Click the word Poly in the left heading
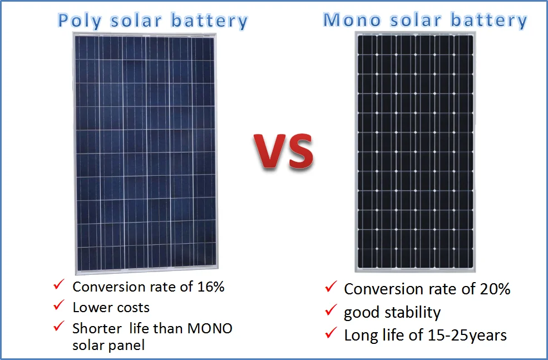pyautogui.click(x=80, y=21)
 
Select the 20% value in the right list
pyautogui.click(x=495, y=289)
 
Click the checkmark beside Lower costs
pyautogui.click(x=59, y=305)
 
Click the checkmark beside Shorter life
pyautogui.click(x=59, y=327)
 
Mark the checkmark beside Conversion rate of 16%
pyautogui.click(x=59, y=285)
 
